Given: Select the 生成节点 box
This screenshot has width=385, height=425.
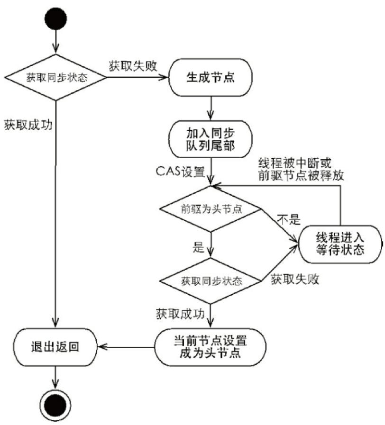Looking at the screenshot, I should [x=209, y=78].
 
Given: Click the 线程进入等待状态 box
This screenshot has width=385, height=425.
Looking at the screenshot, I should [x=340, y=244].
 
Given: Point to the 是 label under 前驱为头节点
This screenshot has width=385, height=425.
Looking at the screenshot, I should [x=198, y=246].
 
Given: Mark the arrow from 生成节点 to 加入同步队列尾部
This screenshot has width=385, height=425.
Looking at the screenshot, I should [x=209, y=108].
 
